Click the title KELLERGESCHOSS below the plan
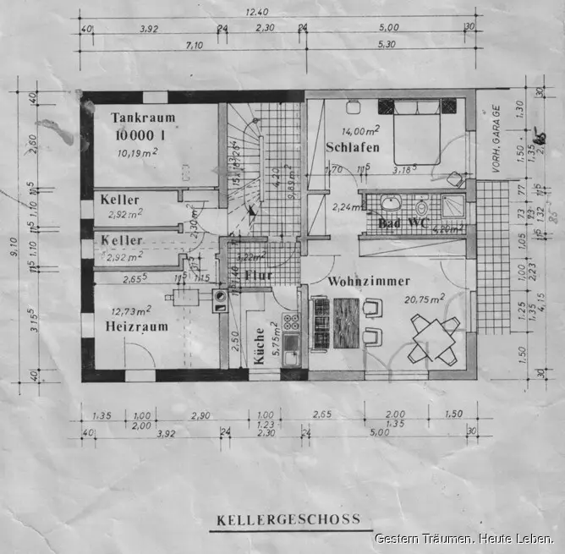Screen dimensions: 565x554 [288, 519]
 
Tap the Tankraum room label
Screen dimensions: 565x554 [141, 119]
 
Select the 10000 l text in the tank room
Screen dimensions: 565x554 [141, 134]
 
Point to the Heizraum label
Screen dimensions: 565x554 [137, 326]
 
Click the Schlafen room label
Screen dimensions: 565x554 [352, 148]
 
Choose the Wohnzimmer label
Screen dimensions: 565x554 [369, 281]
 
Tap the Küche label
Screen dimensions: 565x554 [259, 347]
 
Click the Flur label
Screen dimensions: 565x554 [257, 276]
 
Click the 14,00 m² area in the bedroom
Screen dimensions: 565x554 [359, 131]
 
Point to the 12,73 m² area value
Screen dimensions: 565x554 [131, 310]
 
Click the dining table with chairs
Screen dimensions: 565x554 [434, 337]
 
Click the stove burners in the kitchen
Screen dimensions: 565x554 [292, 321]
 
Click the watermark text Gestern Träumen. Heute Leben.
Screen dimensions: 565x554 [464, 539]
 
